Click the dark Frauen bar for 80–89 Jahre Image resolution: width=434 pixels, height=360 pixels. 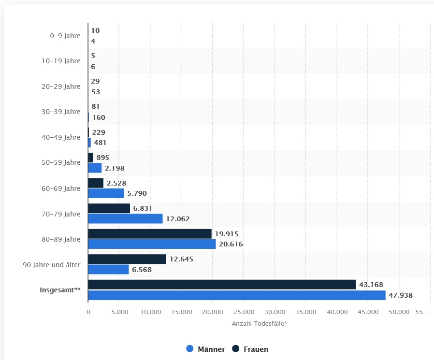point(150,234)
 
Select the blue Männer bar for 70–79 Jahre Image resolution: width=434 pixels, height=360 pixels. point(125,219)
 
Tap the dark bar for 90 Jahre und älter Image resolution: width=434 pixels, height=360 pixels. point(127,259)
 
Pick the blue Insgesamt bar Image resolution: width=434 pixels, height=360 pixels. point(237,295)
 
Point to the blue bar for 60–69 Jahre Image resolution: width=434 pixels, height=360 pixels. point(106,193)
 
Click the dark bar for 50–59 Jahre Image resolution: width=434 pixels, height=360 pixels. point(90,158)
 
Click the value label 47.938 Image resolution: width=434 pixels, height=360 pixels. point(401,295)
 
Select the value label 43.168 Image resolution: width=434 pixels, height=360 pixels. point(371,285)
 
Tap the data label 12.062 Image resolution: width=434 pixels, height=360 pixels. point(178,219)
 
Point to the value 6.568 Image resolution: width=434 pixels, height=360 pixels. point(142,270)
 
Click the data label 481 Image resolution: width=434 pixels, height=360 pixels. point(100,143)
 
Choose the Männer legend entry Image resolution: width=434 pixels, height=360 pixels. point(205,349)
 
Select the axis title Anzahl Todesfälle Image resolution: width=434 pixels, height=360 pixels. point(259,323)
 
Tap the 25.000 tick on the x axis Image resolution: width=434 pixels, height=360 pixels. point(244,312)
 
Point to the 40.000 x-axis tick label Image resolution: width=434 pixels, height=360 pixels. point(337,312)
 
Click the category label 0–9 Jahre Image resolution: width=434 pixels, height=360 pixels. point(65,36)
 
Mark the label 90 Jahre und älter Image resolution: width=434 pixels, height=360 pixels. point(52,264)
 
